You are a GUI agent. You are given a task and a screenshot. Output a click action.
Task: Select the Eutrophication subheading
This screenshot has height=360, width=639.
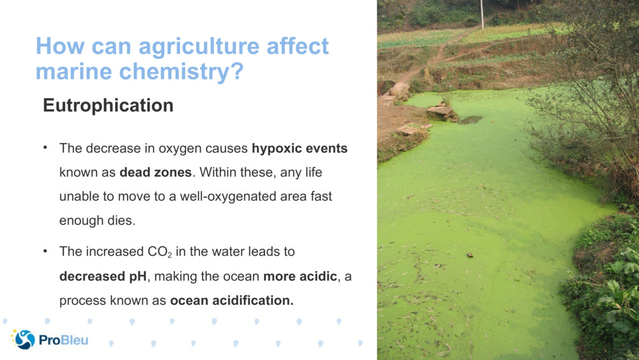click(x=108, y=106)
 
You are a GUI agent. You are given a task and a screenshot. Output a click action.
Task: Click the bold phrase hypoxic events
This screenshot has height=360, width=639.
click(x=300, y=149)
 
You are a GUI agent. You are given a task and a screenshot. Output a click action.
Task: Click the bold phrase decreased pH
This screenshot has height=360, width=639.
click(x=103, y=276)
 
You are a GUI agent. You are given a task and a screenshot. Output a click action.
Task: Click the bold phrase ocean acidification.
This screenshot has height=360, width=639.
click(x=232, y=301)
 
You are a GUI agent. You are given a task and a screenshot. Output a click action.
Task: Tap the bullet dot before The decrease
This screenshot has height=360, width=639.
click(x=46, y=148)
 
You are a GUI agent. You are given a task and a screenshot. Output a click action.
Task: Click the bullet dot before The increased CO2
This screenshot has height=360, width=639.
click(x=46, y=251)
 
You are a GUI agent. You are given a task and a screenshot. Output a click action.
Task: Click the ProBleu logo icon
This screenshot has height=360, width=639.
click(x=24, y=340)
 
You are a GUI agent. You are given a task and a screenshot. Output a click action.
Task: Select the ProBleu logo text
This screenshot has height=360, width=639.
click(x=63, y=340)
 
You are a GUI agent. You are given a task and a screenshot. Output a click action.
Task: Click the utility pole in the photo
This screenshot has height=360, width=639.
click(x=482, y=14)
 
